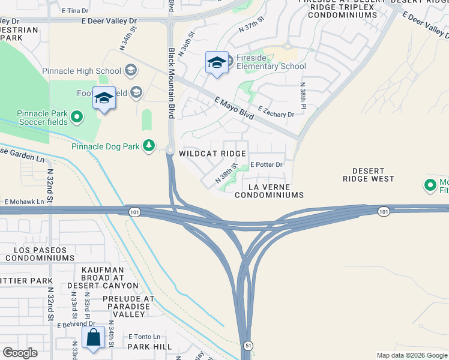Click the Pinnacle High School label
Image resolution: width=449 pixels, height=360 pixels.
82,71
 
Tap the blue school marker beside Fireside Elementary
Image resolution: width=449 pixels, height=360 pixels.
216,62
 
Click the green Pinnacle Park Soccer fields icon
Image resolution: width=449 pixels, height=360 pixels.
77,116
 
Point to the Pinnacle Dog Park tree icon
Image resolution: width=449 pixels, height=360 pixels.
148,146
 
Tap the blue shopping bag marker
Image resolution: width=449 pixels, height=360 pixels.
94,337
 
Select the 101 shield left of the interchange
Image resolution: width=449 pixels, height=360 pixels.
134,211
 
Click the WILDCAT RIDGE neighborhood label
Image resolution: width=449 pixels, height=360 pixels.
212,154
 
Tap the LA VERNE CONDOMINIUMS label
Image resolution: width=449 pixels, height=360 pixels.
269,191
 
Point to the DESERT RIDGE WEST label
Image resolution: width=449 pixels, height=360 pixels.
369,175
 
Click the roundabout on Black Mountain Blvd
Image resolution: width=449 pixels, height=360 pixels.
170,151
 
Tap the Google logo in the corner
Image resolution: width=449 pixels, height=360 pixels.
20,353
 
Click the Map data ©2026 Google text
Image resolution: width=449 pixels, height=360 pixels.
411,355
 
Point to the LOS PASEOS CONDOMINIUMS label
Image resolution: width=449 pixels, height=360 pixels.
39,254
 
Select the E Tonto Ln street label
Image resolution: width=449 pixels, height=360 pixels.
144,337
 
